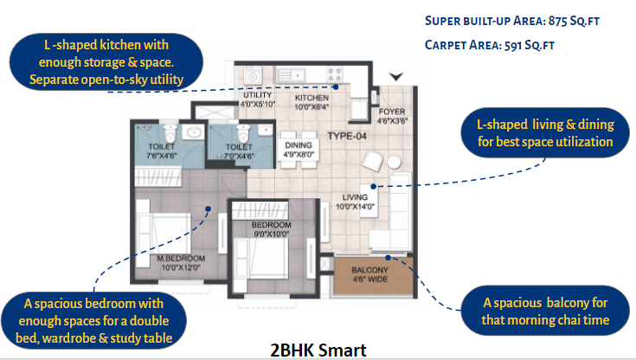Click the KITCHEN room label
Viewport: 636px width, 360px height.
tap(312, 98)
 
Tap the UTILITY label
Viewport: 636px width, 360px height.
tap(257, 95)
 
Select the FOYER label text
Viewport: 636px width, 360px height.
tap(392, 112)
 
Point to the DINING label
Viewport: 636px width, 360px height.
tap(299, 145)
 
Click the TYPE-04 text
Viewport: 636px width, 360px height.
tap(347, 136)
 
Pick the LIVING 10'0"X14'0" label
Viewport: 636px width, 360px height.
tap(355, 202)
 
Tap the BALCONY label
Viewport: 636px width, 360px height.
tap(370, 270)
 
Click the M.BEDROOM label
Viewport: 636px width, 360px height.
tap(181, 259)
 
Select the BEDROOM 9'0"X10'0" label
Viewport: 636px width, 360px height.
tap(271, 229)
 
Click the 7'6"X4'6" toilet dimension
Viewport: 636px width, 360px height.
tap(162, 156)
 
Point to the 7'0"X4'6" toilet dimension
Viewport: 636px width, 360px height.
tap(239, 156)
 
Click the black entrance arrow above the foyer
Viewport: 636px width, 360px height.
tap(396, 77)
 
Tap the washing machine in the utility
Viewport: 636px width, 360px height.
tap(253, 76)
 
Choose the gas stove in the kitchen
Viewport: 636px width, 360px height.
tap(335, 75)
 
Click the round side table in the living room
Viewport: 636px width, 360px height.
tap(394, 163)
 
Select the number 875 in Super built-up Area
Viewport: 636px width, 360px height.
tap(558, 21)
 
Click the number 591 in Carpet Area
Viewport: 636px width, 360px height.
tap(512, 45)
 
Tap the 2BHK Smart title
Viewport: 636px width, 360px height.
tap(318, 350)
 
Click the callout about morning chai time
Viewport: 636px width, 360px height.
tap(545, 311)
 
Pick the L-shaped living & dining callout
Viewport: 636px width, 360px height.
tap(545, 132)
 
